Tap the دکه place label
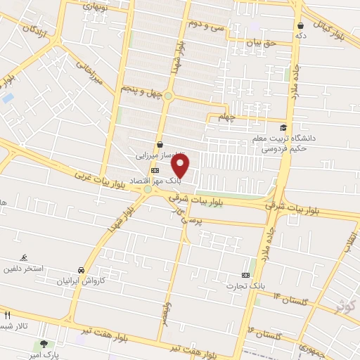pos(301,34)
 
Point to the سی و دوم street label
pos(205,24)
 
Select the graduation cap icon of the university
pos(283,127)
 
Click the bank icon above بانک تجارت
pos(245,275)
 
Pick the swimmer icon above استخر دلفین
pos(26,258)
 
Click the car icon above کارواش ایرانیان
pos(82,269)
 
